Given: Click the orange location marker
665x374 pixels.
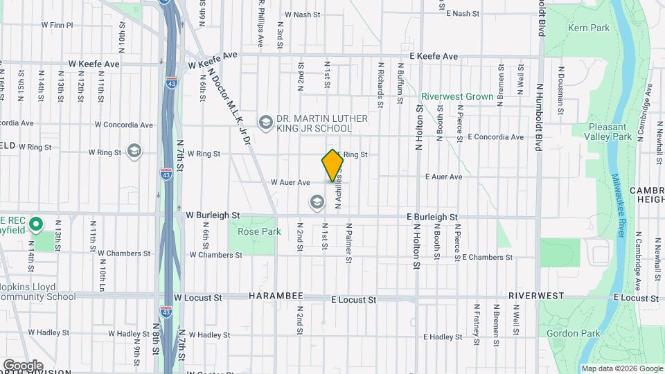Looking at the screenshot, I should (x=332, y=165).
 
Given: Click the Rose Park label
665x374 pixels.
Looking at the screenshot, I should (x=259, y=231).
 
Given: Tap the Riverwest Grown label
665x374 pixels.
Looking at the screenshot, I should (x=457, y=97).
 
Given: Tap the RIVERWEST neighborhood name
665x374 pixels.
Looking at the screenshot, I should (x=535, y=296).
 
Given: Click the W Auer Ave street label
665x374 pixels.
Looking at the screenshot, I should (x=290, y=182).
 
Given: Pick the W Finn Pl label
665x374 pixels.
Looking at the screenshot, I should (x=57, y=25).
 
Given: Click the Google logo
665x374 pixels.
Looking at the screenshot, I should (x=23, y=365).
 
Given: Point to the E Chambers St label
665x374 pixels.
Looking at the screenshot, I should (x=486, y=257).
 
